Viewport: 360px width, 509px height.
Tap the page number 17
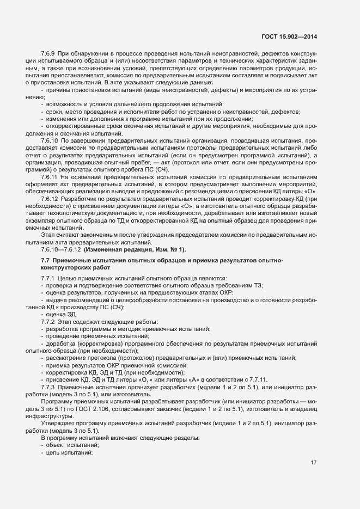pyautogui.click(x=314, y=463)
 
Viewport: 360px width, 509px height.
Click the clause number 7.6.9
pyautogui.click(x=48, y=54)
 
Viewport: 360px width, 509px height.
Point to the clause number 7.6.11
pyautogui.click(x=50, y=177)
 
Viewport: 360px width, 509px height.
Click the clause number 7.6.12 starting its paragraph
pyautogui.click(x=50, y=199)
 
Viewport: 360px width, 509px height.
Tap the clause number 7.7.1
pyautogui.click(x=48, y=279)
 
